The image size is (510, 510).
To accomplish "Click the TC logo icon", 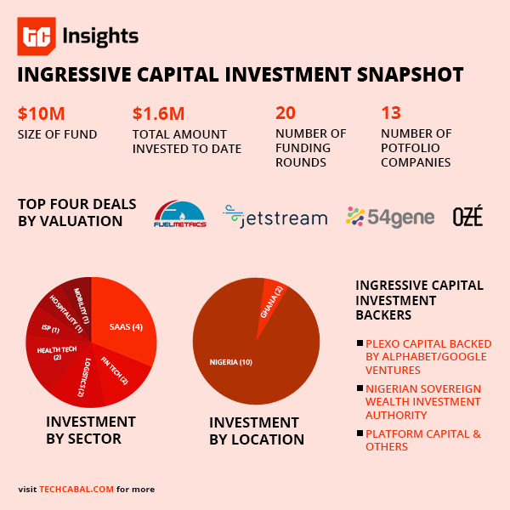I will (37, 37).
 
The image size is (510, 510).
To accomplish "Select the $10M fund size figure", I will (41, 113).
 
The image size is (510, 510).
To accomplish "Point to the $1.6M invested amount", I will (158, 113).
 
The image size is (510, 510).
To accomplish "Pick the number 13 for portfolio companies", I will (390, 113).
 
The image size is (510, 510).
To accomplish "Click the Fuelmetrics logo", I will (179, 215).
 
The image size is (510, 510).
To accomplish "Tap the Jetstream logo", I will (275, 217).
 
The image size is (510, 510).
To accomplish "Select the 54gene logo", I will (390, 217).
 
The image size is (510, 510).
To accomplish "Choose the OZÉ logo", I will (467, 217).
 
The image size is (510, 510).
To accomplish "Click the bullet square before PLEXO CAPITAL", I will (360, 343).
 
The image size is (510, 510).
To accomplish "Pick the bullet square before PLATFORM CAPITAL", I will (360, 433).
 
